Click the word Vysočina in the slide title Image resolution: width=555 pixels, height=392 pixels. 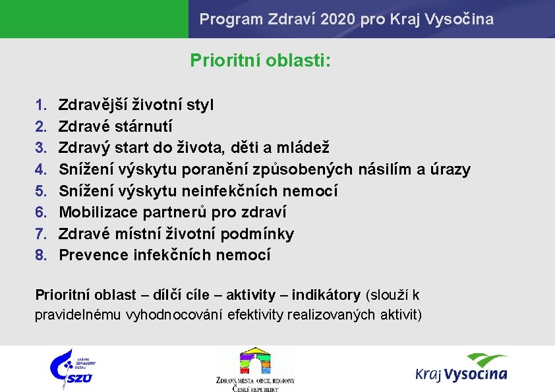pyautogui.click(x=463, y=19)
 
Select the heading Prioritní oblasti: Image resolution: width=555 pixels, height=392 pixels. pyautogui.click(x=260, y=61)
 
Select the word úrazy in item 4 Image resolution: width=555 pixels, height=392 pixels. pyautogui.click(x=451, y=169)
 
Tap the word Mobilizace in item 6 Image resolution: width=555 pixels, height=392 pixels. pyautogui.click(x=96, y=212)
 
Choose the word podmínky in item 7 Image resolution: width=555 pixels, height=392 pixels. pyautogui.click(x=257, y=234)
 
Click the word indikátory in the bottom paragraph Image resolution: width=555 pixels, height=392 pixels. pyautogui.click(x=326, y=294)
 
